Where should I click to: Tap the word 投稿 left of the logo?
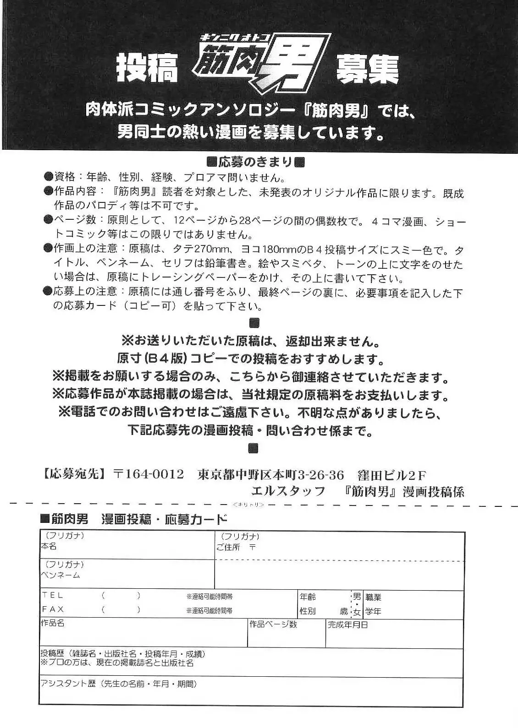coord(146,69)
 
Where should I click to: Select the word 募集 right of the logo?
coord(367,70)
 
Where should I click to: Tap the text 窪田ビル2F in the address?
coord(392,474)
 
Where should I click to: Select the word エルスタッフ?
coord(288,491)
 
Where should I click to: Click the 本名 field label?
coord(49,546)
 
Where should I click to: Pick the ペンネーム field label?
coord(60,575)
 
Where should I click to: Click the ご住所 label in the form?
coord(228,547)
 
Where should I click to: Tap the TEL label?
coord(52,595)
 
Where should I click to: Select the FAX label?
coord(53,609)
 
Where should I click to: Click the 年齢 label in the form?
coord(308,597)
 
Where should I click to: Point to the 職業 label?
coord(373,597)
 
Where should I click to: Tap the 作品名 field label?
coord(52,624)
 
